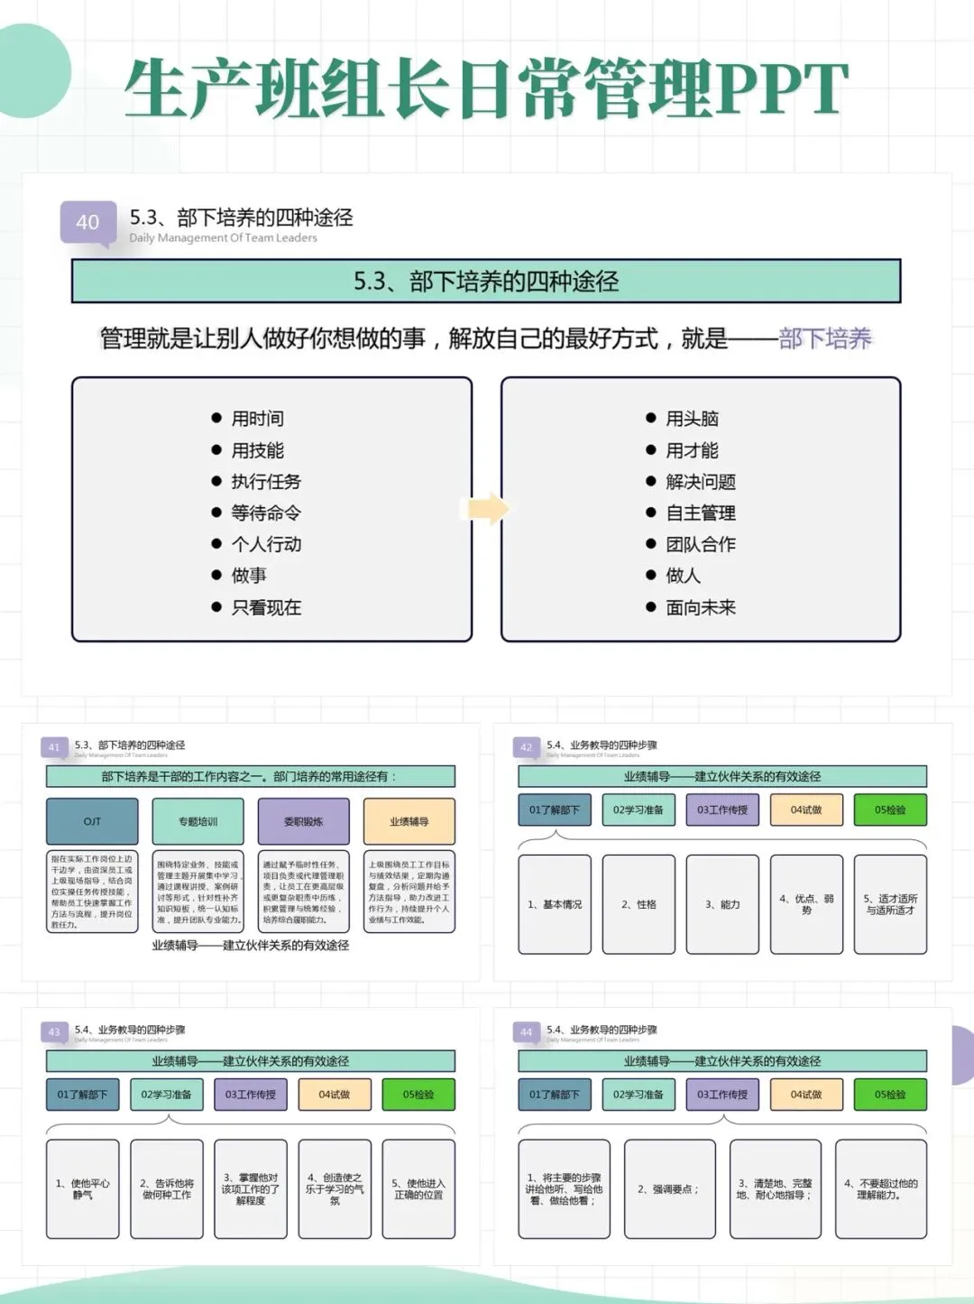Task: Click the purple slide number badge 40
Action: click(x=87, y=222)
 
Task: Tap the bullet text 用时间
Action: click(x=257, y=419)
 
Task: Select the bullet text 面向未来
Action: click(x=700, y=607)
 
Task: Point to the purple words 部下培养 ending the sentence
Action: click(x=824, y=339)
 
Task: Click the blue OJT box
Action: click(x=92, y=821)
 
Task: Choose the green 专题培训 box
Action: click(x=198, y=821)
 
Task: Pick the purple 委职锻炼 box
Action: click(x=303, y=821)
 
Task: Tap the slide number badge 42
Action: click(x=527, y=747)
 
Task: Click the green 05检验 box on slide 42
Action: click(x=889, y=809)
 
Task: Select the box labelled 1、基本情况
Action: click(x=555, y=904)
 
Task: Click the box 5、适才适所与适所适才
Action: click(x=890, y=904)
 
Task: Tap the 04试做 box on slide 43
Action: click(x=335, y=1094)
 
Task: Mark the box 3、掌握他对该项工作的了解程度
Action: click(x=251, y=1188)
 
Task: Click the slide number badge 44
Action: click(x=527, y=1031)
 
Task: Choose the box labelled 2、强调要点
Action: click(x=669, y=1188)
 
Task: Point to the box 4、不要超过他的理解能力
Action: click(x=880, y=1188)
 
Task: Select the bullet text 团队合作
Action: click(x=700, y=544)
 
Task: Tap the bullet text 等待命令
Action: click(x=265, y=513)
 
